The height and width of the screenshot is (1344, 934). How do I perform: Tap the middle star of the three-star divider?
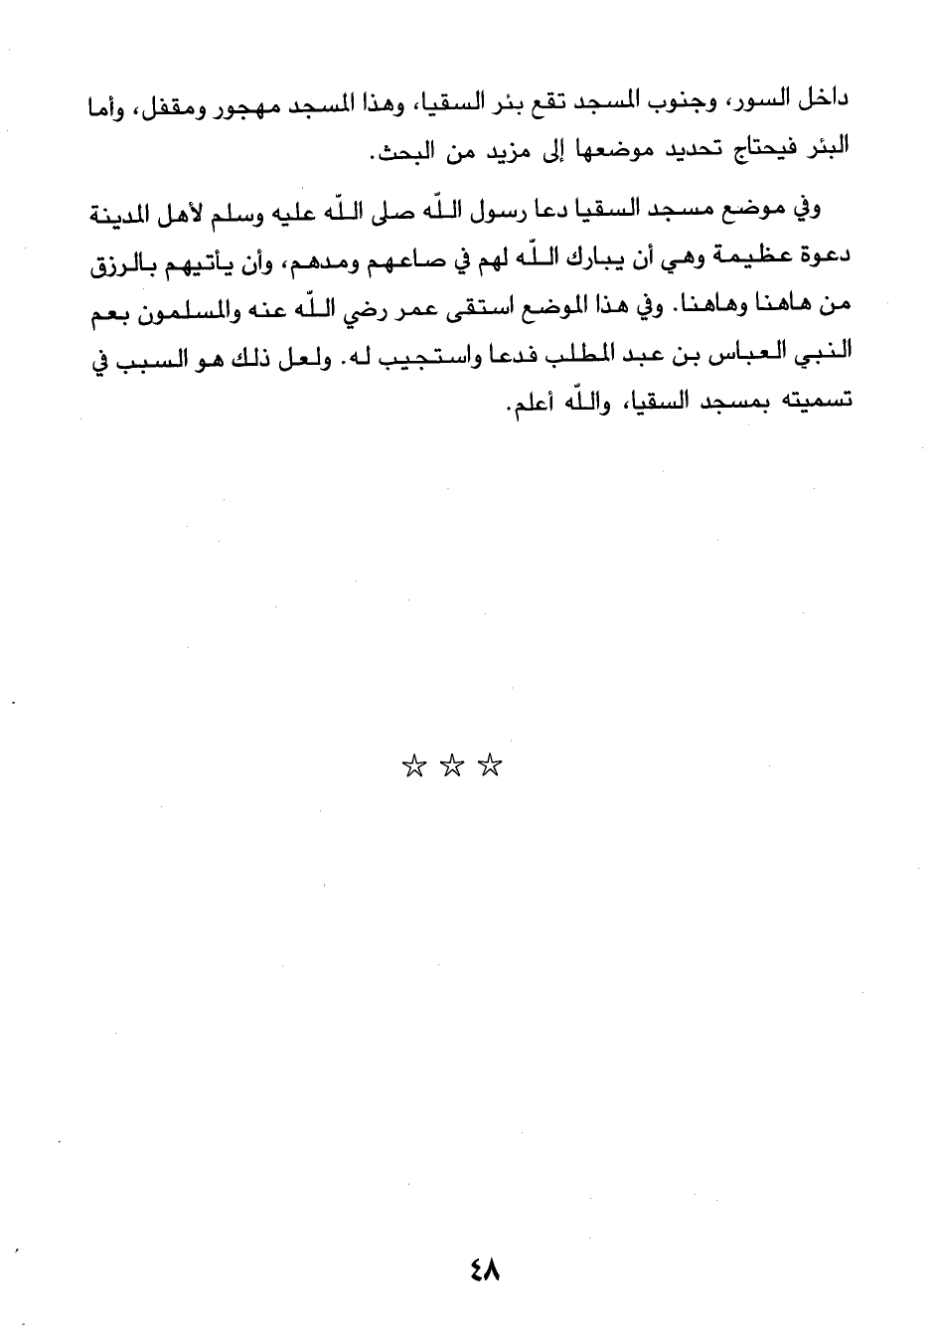click(452, 766)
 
